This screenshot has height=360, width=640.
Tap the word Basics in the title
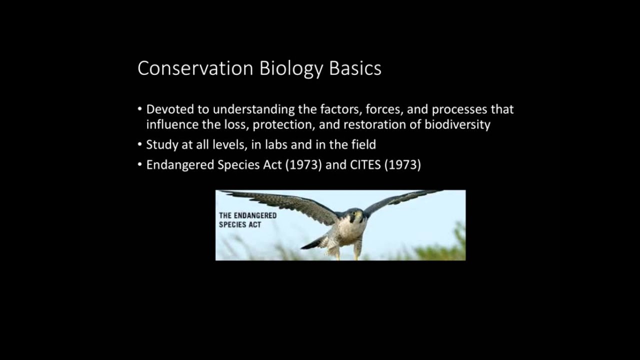pos(355,68)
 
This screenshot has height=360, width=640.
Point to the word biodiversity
pos(457,124)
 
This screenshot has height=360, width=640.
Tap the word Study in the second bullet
pos(159,145)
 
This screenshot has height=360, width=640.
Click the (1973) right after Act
pos(303,165)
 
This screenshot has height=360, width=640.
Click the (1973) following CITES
pos(402,165)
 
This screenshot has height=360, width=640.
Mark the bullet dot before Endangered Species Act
pos(140,165)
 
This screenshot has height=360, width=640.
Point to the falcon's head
pos(355,216)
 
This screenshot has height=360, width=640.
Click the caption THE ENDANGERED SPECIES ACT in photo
pos(247,220)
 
